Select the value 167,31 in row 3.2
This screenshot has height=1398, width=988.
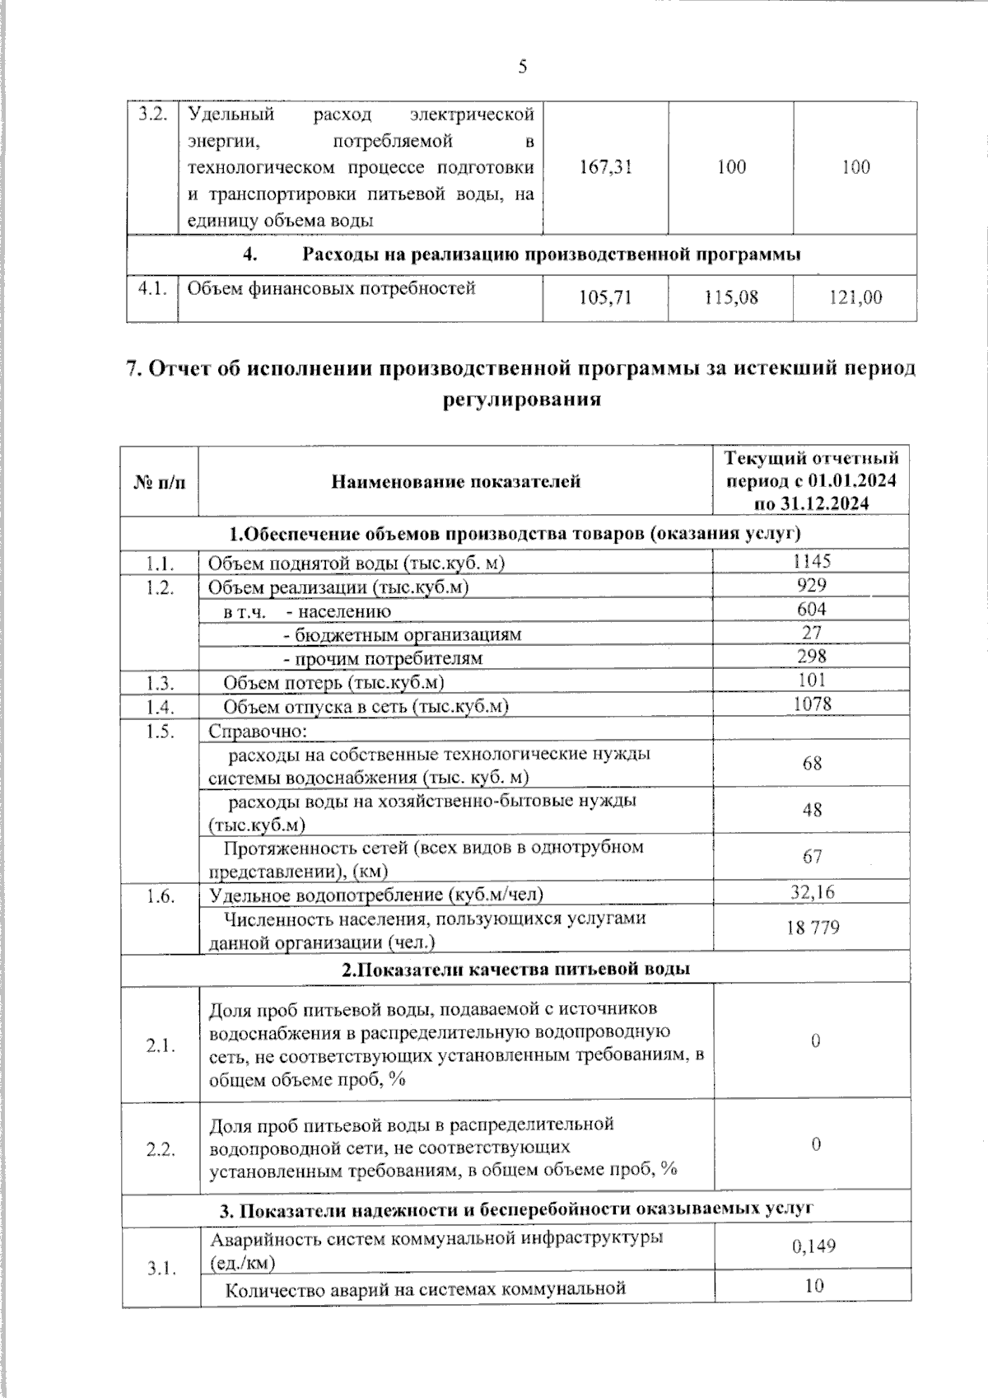coord(606,167)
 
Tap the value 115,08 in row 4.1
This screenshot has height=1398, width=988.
coord(731,297)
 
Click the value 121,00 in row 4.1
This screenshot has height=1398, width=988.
coord(855,297)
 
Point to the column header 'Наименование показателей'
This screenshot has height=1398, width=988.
coord(455,482)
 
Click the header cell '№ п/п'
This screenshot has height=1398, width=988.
coord(160,482)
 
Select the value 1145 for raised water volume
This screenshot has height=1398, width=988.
coord(812,561)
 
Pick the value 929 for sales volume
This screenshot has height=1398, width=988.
coord(812,585)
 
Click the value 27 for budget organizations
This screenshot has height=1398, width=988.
coord(812,633)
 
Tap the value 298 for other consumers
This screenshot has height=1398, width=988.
coord(812,657)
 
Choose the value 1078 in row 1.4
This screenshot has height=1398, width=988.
coord(812,704)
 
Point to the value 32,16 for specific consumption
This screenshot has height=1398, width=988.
coord(812,892)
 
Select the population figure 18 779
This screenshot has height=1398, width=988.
coord(813,928)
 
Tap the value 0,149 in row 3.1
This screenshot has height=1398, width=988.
coord(813,1246)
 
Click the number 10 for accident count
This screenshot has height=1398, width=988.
coord(813,1285)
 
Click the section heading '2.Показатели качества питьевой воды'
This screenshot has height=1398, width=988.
coord(516,969)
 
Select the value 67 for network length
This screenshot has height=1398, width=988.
coord(813,857)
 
